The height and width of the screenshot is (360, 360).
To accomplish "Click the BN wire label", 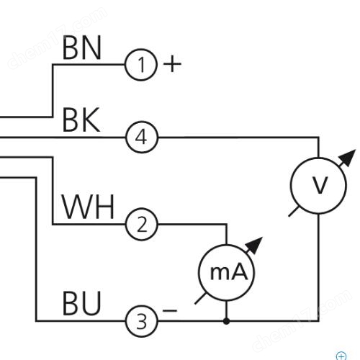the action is (81, 48).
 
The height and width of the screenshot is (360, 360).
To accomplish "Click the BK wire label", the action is (81, 120).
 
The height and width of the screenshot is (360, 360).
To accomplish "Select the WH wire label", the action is (88, 207).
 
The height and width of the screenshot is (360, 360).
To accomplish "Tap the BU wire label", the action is (81, 303).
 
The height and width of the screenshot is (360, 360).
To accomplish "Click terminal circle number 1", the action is (141, 65).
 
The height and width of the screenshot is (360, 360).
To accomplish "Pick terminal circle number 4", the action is (142, 138).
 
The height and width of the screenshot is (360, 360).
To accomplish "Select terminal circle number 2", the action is (142, 225).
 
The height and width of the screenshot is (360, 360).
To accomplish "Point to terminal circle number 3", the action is (142, 321).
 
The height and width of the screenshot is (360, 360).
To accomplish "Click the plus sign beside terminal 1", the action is (172, 64).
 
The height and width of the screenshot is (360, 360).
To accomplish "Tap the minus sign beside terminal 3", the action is (170, 311).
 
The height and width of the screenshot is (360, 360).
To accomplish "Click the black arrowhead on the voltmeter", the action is (348, 158).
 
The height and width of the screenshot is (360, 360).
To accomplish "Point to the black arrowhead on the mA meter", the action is (255, 246).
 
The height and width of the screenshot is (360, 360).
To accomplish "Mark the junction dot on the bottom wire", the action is (226, 321).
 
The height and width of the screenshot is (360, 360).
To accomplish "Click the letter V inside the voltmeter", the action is (320, 185).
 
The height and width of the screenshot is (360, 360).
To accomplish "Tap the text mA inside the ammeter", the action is (228, 272).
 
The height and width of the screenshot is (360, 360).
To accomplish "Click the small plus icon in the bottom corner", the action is (341, 356).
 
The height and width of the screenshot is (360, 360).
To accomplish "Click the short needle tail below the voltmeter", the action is (294, 212).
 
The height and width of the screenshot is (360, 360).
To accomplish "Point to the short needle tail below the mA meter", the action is (200, 299).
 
